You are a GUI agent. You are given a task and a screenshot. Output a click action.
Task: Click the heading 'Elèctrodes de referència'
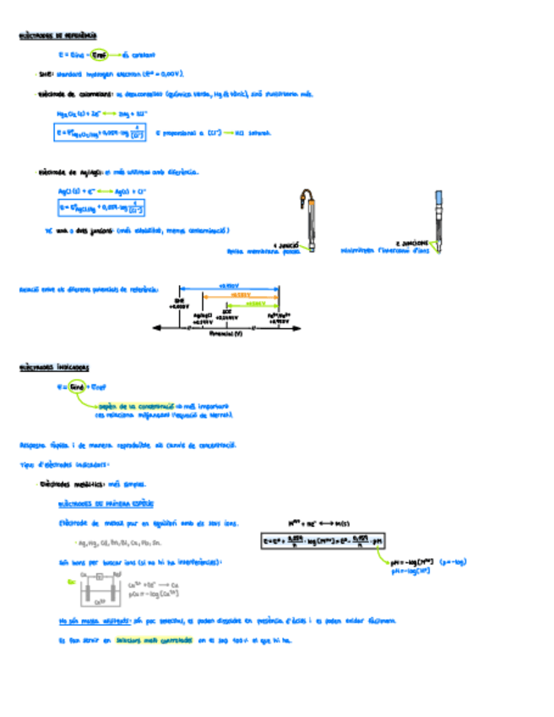coord(57,36)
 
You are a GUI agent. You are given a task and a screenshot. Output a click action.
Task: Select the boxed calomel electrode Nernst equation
coord(100,133)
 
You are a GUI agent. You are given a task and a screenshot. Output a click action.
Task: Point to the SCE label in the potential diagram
coord(226,314)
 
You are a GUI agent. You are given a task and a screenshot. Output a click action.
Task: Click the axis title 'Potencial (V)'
coord(225,334)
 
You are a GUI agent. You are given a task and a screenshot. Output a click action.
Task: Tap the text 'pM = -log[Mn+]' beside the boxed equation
coord(422,561)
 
